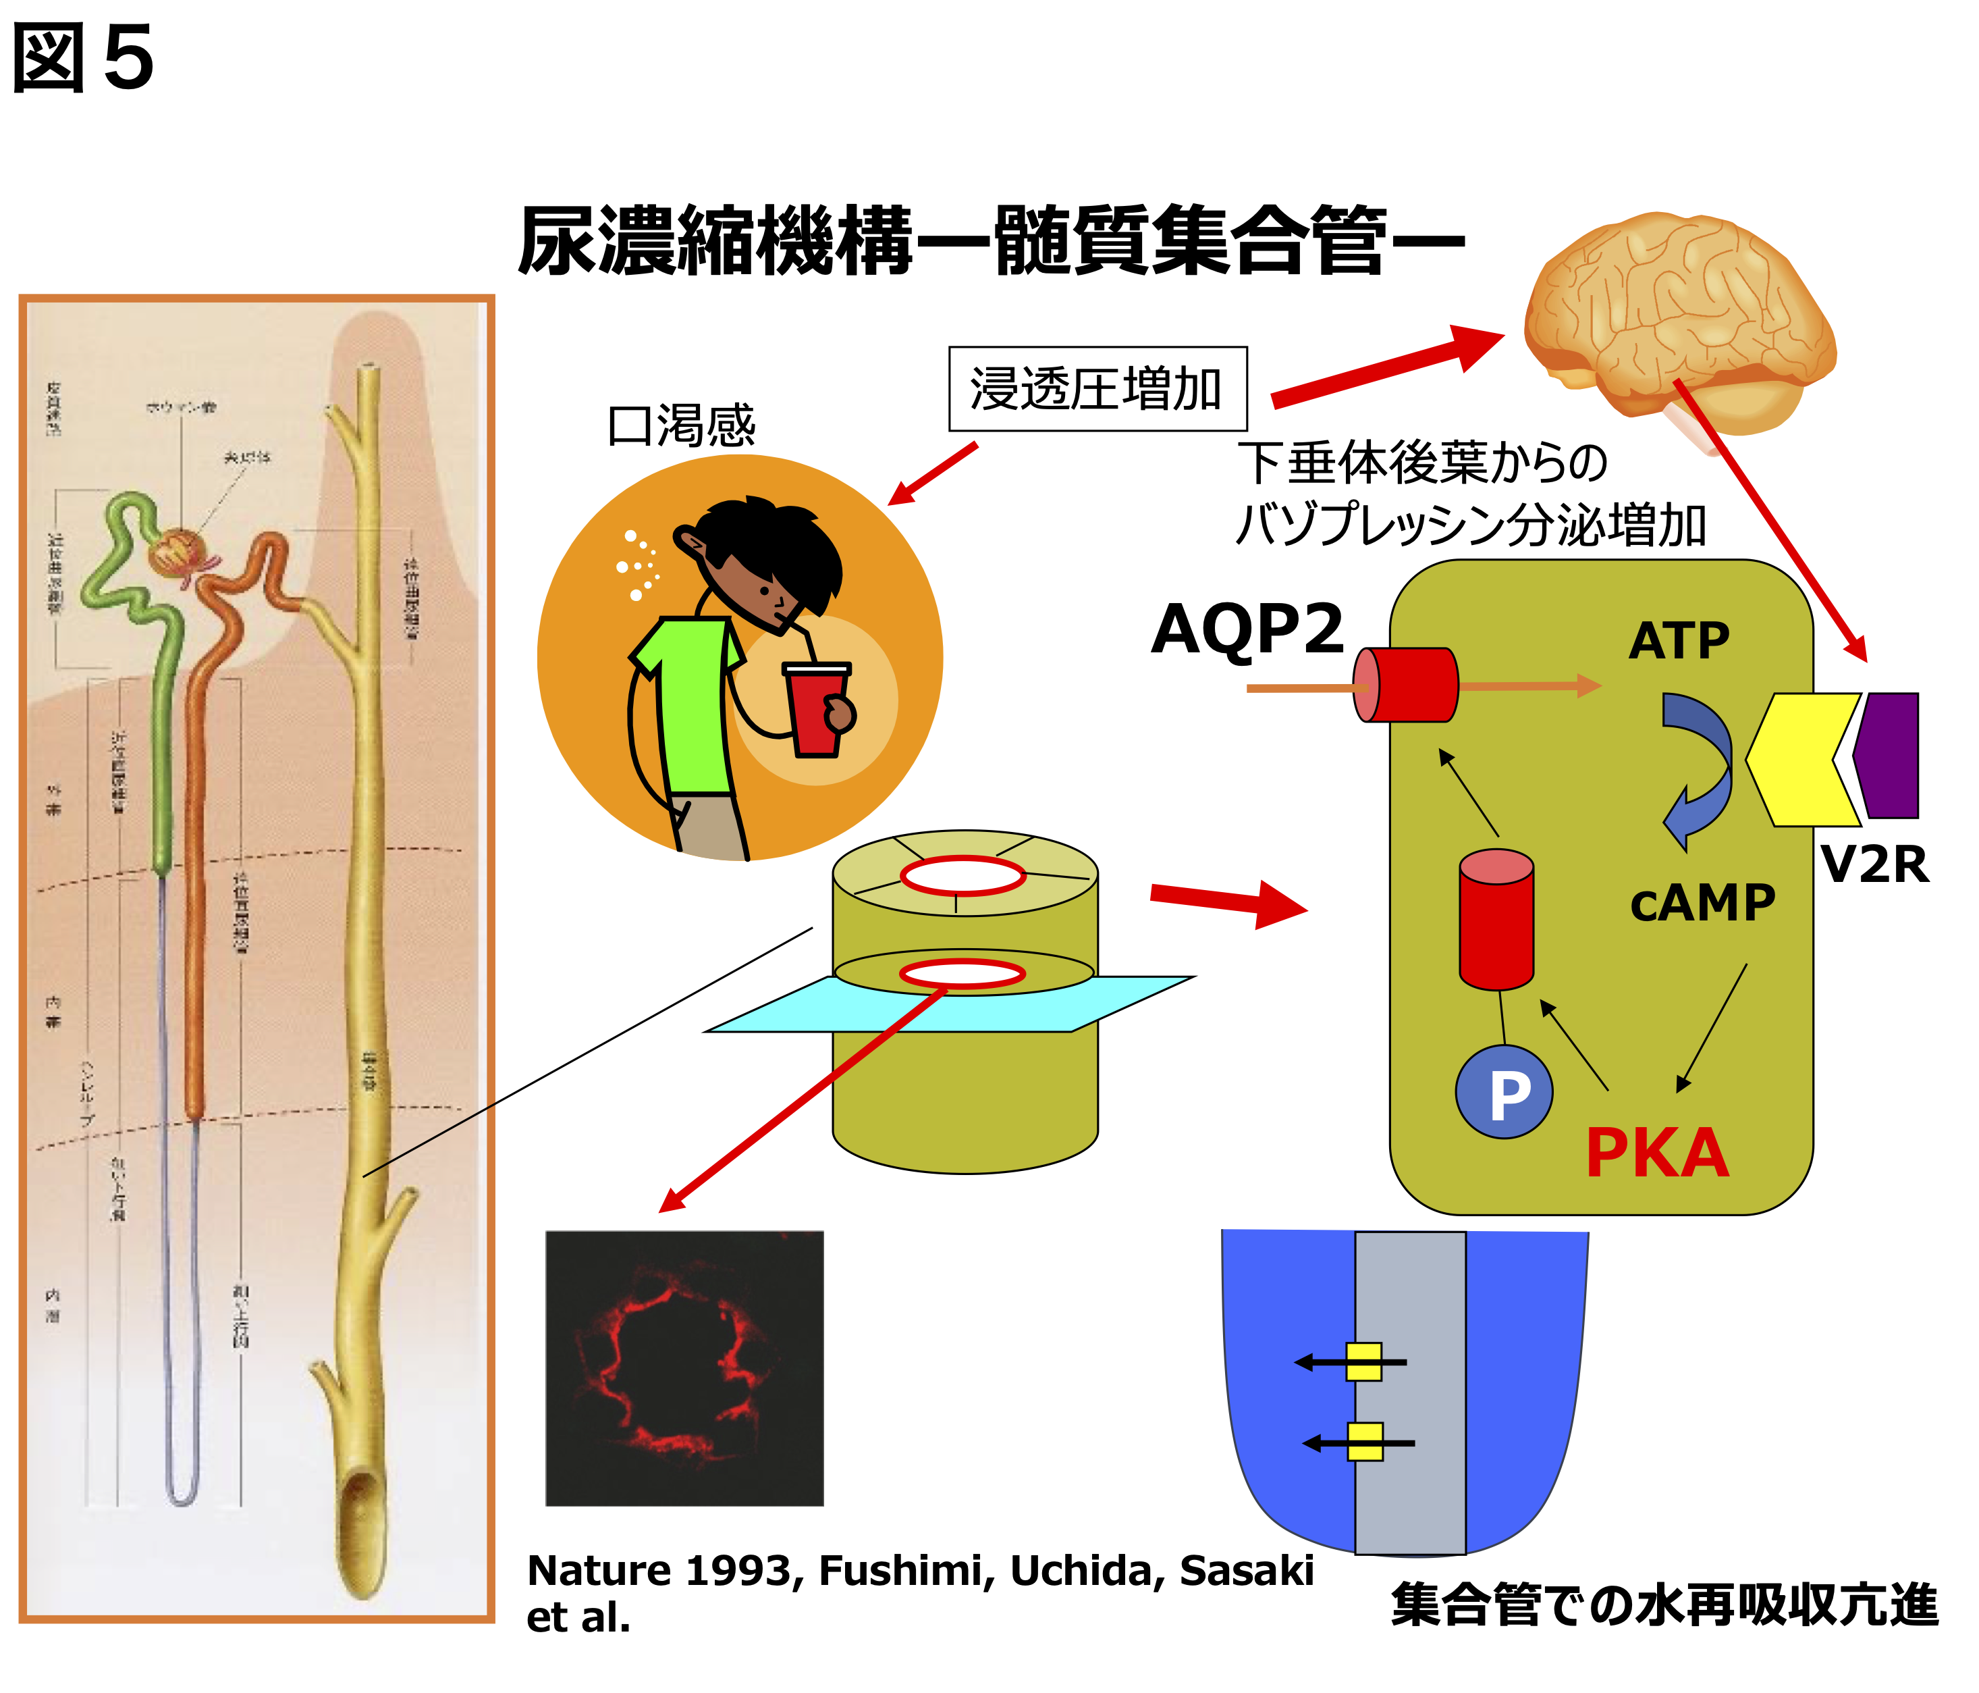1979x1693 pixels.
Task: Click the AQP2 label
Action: coord(1247,631)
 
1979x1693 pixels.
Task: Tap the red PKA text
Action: coord(1657,1153)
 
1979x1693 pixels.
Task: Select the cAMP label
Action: coord(1702,903)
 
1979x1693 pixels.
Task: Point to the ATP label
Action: coord(1679,640)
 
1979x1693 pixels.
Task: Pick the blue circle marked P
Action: coord(1504,1092)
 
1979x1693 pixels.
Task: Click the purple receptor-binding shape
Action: coord(1889,755)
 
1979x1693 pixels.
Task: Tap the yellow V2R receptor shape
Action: coord(1800,760)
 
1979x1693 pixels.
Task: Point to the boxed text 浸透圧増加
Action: coord(1096,389)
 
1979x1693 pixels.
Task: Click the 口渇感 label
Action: coord(681,425)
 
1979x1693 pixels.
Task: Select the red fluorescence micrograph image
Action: coord(684,1368)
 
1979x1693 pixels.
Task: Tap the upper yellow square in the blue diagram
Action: coord(1364,1361)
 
